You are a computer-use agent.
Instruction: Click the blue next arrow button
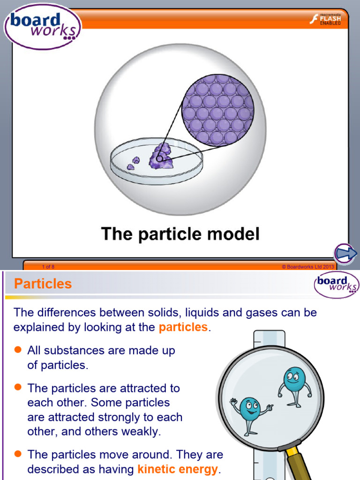(x=346, y=254)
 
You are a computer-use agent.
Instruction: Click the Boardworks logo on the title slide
(x=42, y=26)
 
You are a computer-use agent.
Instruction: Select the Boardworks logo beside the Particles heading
(x=336, y=285)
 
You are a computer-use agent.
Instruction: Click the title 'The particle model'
(x=180, y=233)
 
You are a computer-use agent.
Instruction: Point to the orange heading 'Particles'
(x=43, y=284)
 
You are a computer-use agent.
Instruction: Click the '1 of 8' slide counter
(x=48, y=267)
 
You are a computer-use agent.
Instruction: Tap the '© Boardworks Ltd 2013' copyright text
(x=307, y=267)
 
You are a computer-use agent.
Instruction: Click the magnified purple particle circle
(x=217, y=109)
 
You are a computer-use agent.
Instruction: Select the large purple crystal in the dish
(x=160, y=157)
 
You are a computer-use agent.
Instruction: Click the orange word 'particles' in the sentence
(x=183, y=327)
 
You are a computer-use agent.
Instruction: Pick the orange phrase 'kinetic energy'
(x=178, y=469)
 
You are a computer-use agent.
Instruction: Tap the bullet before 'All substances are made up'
(x=18, y=350)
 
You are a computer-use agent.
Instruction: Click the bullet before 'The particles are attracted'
(x=18, y=387)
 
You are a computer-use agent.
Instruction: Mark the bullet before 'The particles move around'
(x=18, y=453)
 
